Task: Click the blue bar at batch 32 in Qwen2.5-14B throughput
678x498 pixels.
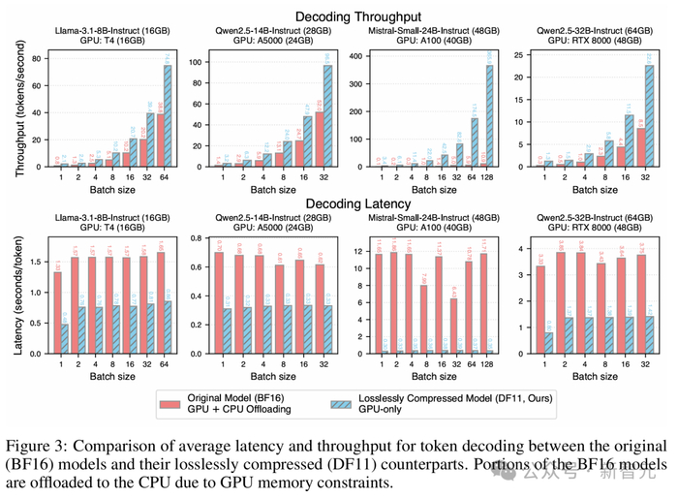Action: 326,115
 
